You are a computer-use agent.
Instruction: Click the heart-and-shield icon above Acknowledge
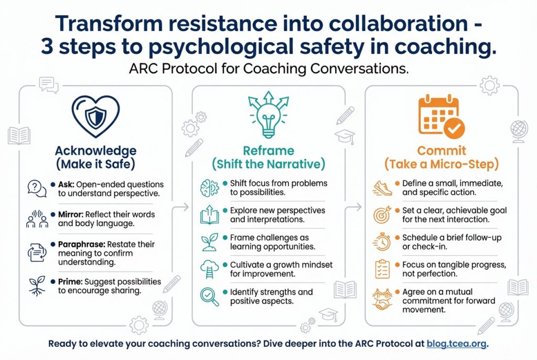coord(95,116)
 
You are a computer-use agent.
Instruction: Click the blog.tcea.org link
coord(456,344)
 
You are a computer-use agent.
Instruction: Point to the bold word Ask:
coord(66,184)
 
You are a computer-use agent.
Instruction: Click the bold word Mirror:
coord(71,214)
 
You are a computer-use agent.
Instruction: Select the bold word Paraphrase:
coord(81,244)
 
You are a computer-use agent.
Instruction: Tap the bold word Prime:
coord(70,281)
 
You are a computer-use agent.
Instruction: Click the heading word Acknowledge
coord(95,151)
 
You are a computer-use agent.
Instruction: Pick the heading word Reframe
coord(268,150)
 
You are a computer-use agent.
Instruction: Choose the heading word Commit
coord(442,150)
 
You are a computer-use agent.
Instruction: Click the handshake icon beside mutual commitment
coord(382,299)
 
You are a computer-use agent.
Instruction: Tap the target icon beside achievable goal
coord(382,214)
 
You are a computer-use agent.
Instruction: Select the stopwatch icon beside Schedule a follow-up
coord(382,242)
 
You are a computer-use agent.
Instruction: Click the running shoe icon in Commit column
coord(382,188)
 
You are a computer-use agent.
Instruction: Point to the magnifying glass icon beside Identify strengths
coord(209,297)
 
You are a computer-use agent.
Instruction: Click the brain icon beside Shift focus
coord(209,188)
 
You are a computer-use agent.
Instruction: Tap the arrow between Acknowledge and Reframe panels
coord(180,206)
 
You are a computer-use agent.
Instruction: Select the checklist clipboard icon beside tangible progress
coord(382,269)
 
